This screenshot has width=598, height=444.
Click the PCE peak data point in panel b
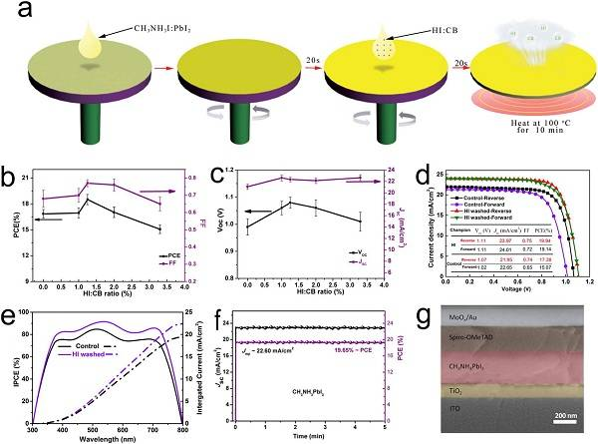coord(87,201)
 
